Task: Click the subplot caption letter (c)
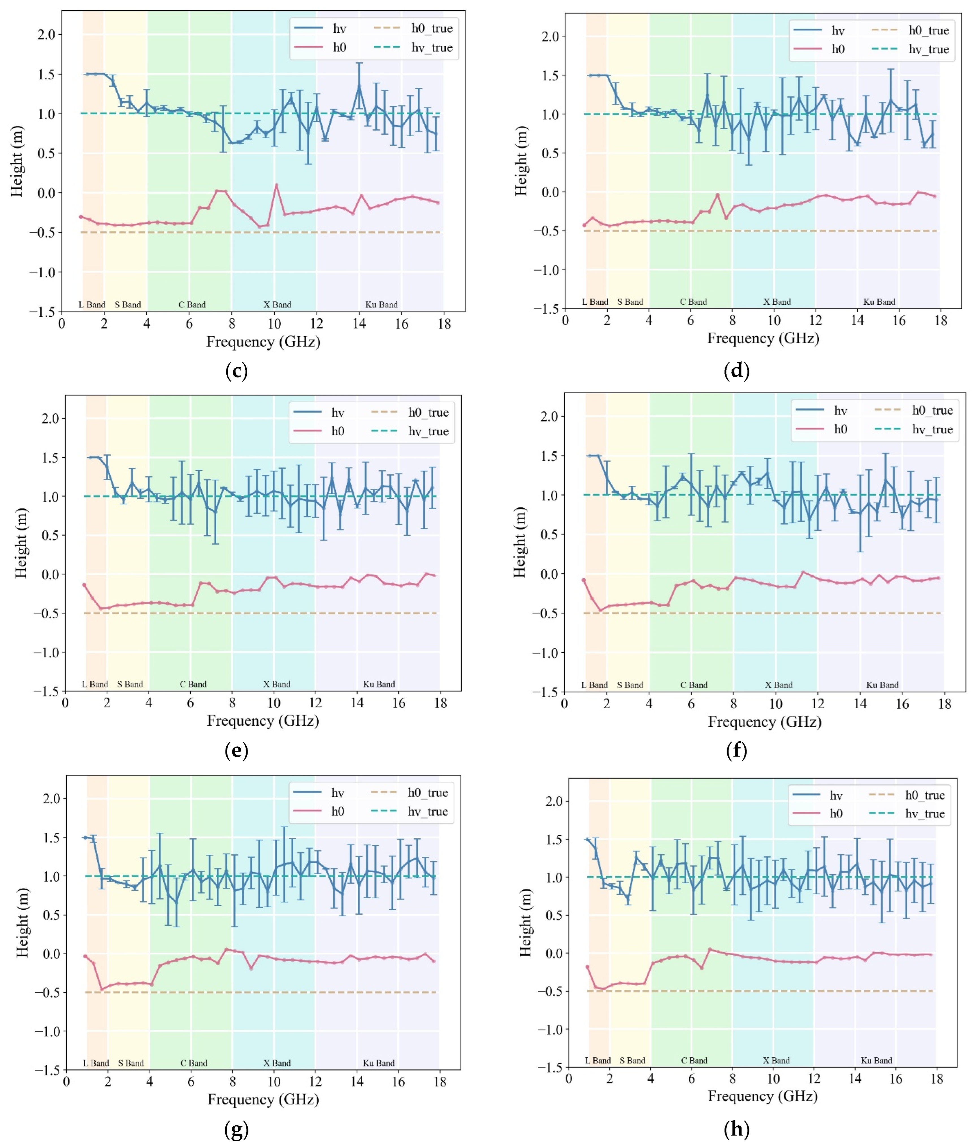237,370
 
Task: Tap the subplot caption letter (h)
736,1129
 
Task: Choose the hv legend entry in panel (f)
840,410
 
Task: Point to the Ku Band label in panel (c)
381,305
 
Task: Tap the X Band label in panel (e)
276,684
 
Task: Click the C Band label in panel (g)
194,1063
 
